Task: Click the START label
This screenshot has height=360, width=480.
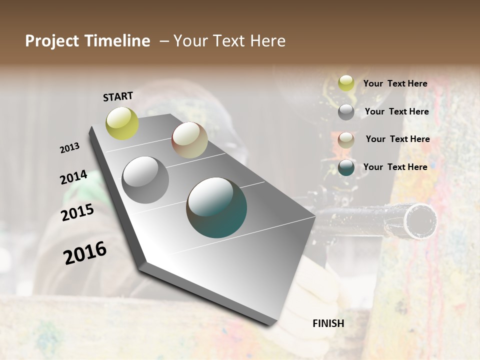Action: (x=118, y=96)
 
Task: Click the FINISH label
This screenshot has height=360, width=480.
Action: (x=328, y=323)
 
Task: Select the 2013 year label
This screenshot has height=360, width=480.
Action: (x=69, y=148)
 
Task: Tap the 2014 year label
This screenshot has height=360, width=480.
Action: (x=73, y=177)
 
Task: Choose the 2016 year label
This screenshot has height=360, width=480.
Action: (x=85, y=253)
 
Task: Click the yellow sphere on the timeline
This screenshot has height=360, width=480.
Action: (x=122, y=123)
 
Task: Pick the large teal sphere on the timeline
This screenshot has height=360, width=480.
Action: (x=216, y=207)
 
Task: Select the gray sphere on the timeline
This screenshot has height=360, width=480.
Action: (x=145, y=180)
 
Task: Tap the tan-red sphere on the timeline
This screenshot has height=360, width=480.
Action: (x=189, y=140)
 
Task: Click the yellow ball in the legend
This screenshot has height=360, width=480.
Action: (x=346, y=83)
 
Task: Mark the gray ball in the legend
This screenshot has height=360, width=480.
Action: (x=346, y=112)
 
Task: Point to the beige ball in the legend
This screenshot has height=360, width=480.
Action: (x=346, y=140)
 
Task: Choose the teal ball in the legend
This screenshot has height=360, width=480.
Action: (x=346, y=167)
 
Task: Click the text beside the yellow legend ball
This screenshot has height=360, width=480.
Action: (x=395, y=84)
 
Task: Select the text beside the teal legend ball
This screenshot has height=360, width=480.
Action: (x=395, y=167)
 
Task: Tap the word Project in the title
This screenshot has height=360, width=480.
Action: (x=51, y=41)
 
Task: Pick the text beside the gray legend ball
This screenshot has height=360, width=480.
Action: (x=396, y=111)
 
